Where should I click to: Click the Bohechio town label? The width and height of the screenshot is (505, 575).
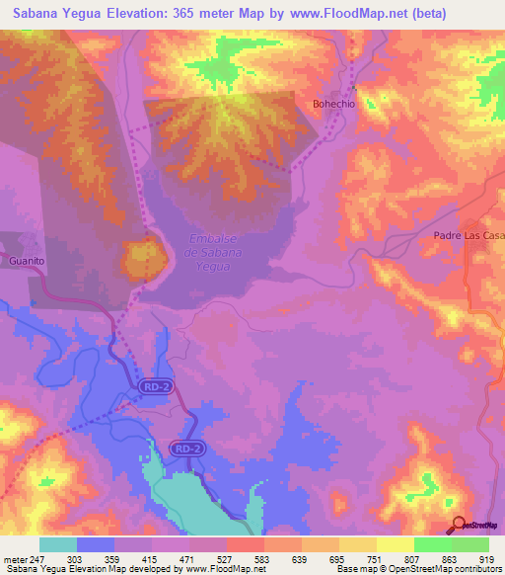[x=333, y=103]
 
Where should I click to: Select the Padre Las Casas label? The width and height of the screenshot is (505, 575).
[x=469, y=235]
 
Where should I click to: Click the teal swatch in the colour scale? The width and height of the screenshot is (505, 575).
[x=58, y=545]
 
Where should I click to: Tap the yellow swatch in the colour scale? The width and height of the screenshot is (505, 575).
[x=395, y=545]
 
